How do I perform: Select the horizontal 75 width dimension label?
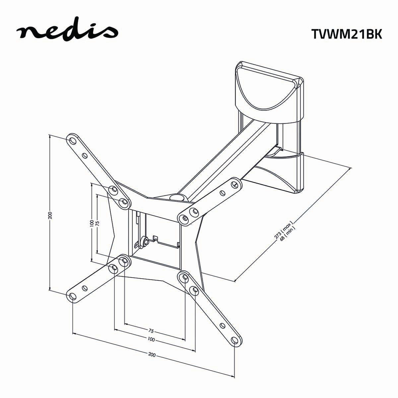click(x=151, y=331)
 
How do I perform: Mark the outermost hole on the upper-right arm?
click(x=235, y=183)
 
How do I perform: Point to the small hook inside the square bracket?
click(x=155, y=238)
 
